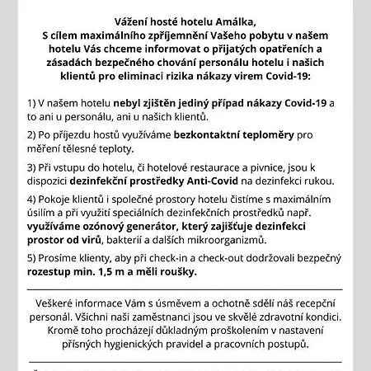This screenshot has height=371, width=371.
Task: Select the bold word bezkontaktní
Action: tap(178, 135)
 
